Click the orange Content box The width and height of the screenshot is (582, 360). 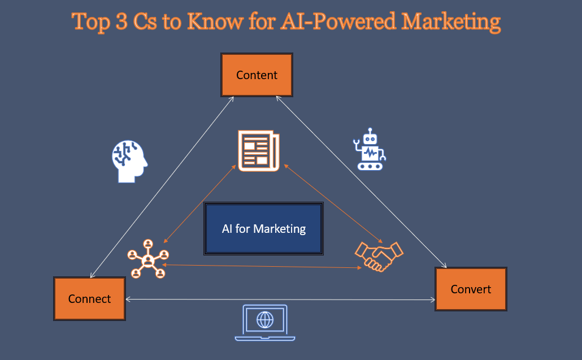257,75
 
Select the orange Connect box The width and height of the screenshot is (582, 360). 89,298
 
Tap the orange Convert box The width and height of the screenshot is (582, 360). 471,289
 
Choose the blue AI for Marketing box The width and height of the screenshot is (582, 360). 264,228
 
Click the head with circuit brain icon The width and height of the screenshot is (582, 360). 129,161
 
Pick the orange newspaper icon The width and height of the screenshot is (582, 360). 258,150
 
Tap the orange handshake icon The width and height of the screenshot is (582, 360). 379,256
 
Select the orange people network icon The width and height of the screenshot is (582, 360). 148,259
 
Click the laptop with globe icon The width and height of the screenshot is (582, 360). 264,323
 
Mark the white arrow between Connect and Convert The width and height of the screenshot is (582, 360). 280,299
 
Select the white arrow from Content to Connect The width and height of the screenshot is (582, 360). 162,187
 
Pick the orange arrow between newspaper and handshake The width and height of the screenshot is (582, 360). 333,203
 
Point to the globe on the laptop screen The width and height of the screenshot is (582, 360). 264,320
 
